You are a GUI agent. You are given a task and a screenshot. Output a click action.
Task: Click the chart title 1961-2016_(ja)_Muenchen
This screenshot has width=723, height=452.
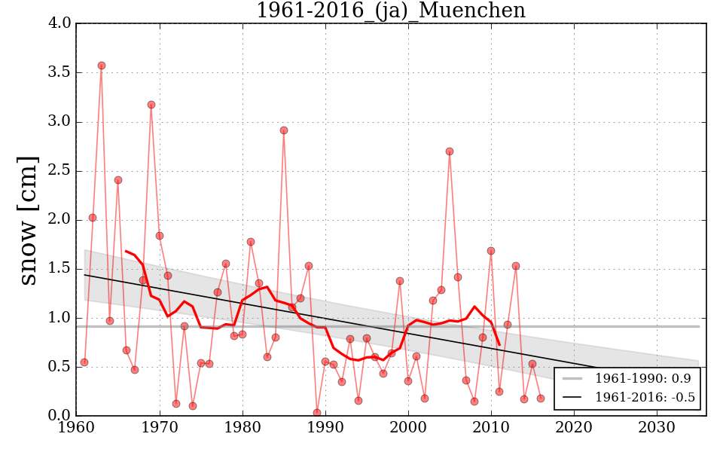[x=390, y=11]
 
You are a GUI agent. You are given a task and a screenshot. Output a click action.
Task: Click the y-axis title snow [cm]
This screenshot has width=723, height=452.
[x=28, y=220]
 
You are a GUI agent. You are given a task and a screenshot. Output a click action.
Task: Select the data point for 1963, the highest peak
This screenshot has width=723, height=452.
[x=102, y=66]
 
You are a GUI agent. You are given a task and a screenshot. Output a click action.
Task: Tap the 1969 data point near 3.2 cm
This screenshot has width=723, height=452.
[x=151, y=105]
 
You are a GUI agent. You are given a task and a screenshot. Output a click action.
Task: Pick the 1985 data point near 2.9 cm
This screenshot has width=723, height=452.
[x=284, y=130]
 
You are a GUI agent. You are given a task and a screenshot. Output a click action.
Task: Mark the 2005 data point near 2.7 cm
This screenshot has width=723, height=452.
[x=450, y=151]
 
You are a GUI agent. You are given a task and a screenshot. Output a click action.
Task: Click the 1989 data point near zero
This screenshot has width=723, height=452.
[x=317, y=413]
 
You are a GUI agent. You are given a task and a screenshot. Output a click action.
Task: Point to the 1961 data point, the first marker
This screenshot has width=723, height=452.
[x=84, y=362]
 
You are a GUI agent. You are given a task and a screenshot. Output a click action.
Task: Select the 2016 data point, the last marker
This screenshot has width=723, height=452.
[x=541, y=399]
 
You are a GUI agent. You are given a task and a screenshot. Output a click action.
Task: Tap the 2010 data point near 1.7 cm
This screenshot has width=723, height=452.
[x=491, y=251]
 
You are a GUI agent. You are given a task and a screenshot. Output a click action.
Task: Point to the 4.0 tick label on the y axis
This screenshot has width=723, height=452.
[x=61, y=23]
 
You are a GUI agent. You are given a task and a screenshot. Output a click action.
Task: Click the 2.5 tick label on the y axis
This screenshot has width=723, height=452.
[x=61, y=171]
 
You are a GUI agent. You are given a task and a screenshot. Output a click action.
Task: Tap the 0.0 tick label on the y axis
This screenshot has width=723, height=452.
[x=61, y=416]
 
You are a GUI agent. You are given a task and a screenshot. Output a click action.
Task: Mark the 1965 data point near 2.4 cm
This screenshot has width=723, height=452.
[x=118, y=180]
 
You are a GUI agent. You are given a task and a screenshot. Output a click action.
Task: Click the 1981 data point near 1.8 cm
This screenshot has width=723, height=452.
[x=251, y=242]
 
